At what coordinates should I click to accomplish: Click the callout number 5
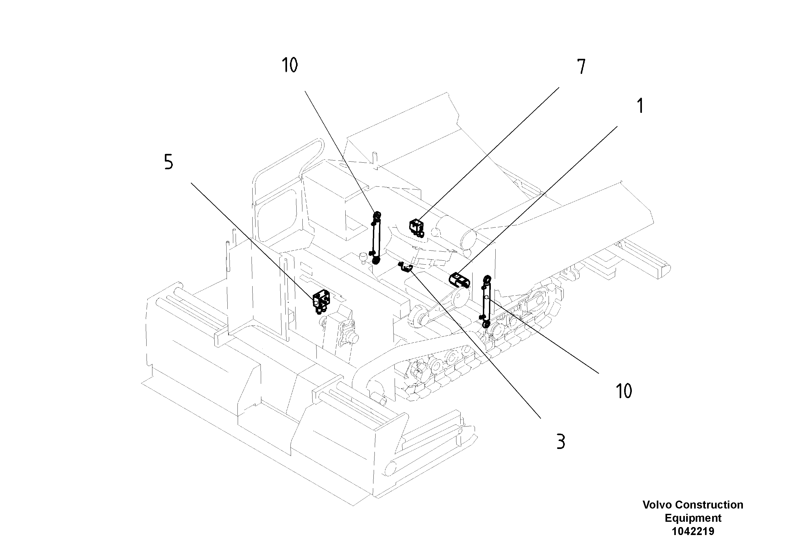click(168, 162)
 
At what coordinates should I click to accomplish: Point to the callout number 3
click(561, 442)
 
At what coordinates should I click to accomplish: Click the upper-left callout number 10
click(290, 65)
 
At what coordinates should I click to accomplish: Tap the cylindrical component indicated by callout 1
click(460, 279)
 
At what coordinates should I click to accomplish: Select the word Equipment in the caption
click(693, 518)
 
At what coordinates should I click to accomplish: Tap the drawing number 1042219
click(693, 531)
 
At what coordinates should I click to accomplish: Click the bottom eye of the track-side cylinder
click(486, 324)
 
